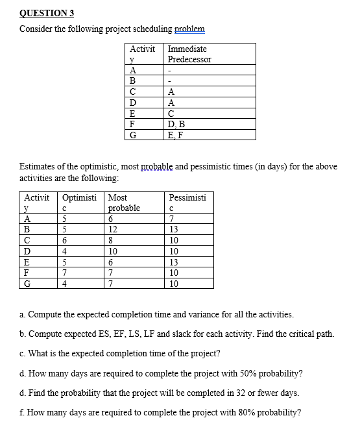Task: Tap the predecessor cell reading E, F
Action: point(176,134)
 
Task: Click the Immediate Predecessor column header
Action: point(189,54)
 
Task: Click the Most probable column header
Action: point(124,203)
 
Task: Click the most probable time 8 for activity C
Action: point(112,239)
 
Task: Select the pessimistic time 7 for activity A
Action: point(172,219)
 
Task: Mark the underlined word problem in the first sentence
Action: point(191,29)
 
